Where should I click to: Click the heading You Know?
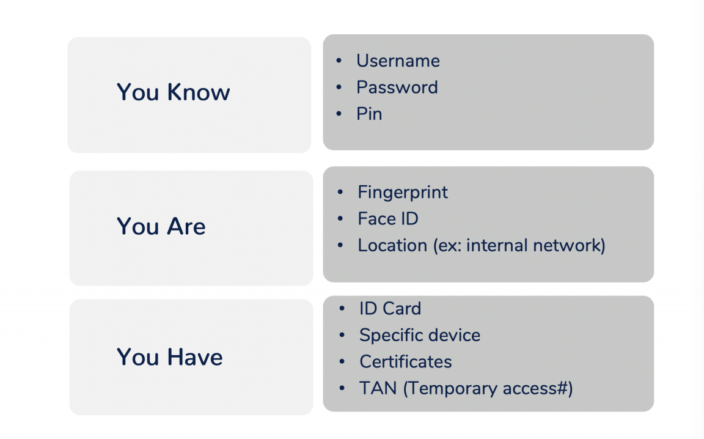pyautogui.click(x=174, y=92)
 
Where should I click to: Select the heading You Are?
pyautogui.click(x=161, y=227)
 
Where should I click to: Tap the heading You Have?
pyautogui.click(x=170, y=357)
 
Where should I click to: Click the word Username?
pyautogui.click(x=398, y=61)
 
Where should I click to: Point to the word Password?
pyautogui.click(x=397, y=87)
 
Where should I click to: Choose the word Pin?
pyautogui.click(x=369, y=114)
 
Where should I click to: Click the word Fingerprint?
pyautogui.click(x=403, y=193)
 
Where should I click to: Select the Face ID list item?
pyautogui.click(x=388, y=219)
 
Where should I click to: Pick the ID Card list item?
pyautogui.click(x=390, y=309)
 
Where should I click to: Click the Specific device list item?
pyautogui.click(x=420, y=336)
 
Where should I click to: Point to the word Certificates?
pyautogui.click(x=406, y=362)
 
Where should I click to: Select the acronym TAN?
pyautogui.click(x=378, y=388)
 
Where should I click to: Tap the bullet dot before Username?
pyautogui.click(x=339, y=61)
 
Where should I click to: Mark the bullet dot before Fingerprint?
pyautogui.click(x=340, y=193)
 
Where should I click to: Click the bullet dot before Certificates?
pyautogui.click(x=342, y=362)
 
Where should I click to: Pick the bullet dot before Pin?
pyautogui.click(x=339, y=114)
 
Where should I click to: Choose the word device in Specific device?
pyautogui.click(x=453, y=336)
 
